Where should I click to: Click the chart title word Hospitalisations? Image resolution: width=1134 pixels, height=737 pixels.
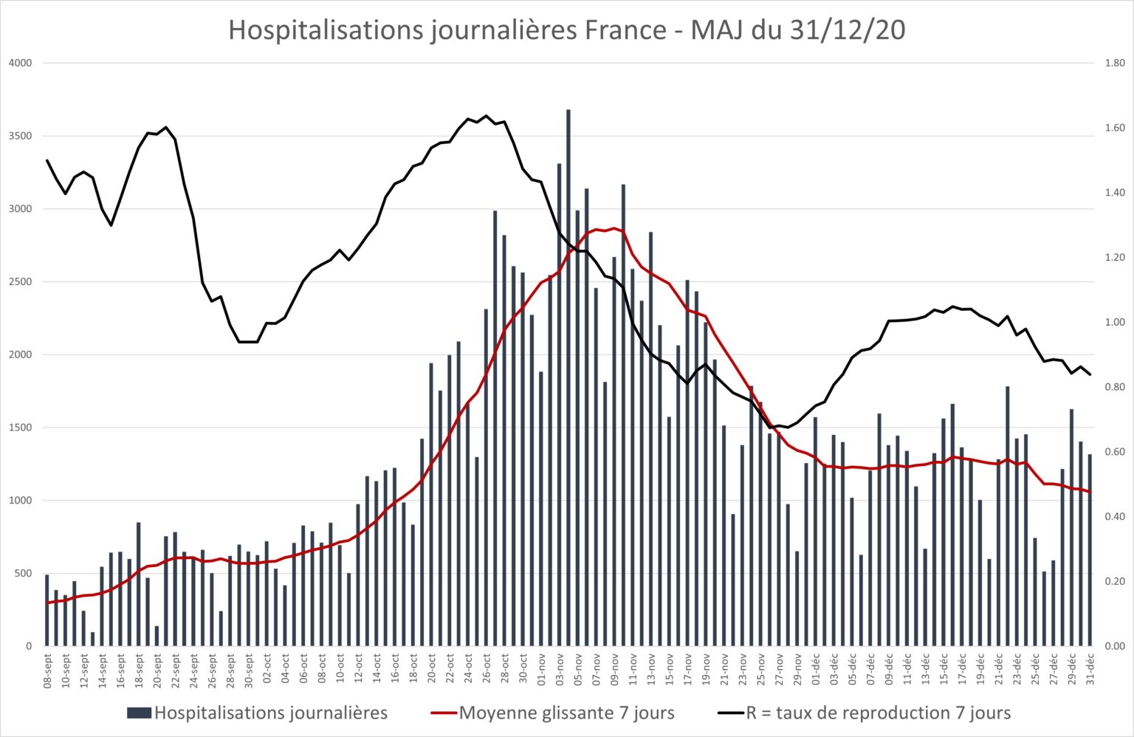pyautogui.click(x=326, y=31)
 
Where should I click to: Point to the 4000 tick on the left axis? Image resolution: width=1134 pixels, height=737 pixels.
pyautogui.click(x=21, y=64)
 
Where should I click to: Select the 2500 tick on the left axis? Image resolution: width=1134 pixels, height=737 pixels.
pyautogui.click(x=21, y=281)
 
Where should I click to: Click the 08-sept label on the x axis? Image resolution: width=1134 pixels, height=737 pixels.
pyautogui.click(x=47, y=671)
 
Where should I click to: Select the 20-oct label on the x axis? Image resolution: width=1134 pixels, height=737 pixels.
pyautogui.click(x=432, y=669)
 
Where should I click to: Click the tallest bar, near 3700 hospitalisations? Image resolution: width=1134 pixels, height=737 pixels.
pyautogui.click(x=568, y=378)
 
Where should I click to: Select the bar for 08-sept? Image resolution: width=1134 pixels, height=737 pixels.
pyautogui.click(x=47, y=611)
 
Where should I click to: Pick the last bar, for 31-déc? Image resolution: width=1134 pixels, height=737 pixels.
pyautogui.click(x=1090, y=550)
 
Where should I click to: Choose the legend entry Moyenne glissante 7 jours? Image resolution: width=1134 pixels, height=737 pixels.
pyautogui.click(x=553, y=713)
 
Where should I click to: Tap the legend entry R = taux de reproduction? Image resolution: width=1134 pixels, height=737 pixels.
pyautogui.click(x=865, y=713)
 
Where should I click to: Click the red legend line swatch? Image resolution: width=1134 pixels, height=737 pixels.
pyautogui.click(x=444, y=713)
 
